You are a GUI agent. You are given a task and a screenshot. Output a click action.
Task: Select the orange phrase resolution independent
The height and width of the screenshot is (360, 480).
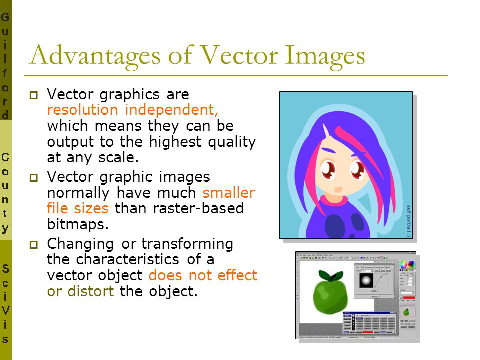pyautogui.click(x=133, y=110)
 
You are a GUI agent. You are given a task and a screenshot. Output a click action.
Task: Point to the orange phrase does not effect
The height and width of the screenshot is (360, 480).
pyautogui.click(x=203, y=275)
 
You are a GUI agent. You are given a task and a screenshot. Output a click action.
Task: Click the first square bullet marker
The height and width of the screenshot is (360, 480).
pyautogui.click(x=34, y=95)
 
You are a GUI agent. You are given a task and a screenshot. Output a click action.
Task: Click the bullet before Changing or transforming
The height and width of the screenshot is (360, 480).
pyautogui.click(x=34, y=244)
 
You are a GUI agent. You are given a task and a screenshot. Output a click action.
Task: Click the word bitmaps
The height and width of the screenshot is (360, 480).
pyautogui.click(x=77, y=224)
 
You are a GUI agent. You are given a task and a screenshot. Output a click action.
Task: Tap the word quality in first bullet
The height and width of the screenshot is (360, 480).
pyautogui.click(x=234, y=142)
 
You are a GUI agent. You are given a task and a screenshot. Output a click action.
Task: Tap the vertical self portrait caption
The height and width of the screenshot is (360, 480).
pyautogui.click(x=408, y=220)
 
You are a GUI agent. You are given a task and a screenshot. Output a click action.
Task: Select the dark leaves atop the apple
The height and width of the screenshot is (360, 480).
pyautogui.click(x=329, y=275)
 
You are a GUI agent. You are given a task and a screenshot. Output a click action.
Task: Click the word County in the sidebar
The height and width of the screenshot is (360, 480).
pyautogui.click(x=5, y=193)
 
